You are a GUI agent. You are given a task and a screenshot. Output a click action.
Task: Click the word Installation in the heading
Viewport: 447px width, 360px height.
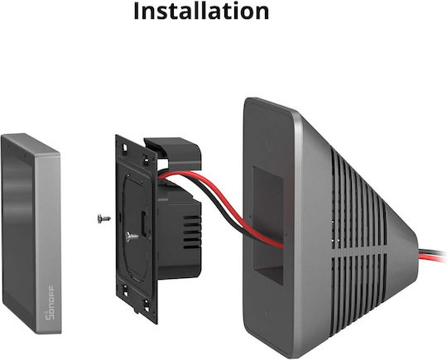click(201, 12)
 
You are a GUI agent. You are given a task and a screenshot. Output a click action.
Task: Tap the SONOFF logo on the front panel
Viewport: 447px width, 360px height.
click(50, 302)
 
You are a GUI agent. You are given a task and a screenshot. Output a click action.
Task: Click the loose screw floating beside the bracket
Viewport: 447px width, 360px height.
click(103, 218)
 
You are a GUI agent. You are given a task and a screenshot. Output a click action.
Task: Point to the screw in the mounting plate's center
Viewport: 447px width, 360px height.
click(132, 237)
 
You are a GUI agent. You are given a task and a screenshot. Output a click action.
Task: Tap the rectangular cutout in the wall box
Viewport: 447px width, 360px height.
click(268, 225)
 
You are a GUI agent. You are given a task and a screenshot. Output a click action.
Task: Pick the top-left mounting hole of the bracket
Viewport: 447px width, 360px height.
click(124, 148)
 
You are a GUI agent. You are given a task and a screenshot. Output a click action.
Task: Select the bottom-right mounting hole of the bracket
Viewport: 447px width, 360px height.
click(147, 305)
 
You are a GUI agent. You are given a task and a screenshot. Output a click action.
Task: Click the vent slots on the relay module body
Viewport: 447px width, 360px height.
click(192, 232)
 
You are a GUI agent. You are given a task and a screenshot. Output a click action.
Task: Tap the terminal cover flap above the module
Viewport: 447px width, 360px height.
click(174, 153)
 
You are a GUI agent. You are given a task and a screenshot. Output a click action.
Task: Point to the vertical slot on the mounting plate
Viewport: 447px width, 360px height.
click(143, 224)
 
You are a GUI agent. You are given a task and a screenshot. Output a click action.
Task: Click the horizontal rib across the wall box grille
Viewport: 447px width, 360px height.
click(360, 251)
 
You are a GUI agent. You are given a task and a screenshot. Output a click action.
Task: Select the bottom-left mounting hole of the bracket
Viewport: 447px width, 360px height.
click(125, 290)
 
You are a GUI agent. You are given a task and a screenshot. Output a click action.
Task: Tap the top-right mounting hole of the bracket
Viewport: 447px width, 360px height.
click(146, 161)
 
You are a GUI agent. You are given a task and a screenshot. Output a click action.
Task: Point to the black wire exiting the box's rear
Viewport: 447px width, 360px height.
click(432, 252)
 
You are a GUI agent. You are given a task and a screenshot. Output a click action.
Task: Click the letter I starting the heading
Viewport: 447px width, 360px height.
click(137, 12)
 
